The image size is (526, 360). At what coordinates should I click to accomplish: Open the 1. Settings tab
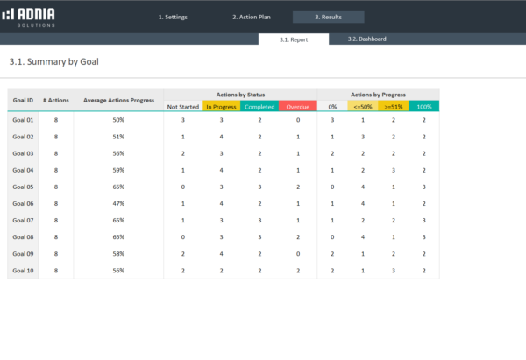point(173,17)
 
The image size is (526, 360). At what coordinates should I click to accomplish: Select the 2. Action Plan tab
point(251,17)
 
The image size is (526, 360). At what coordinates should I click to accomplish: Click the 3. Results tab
point(328,17)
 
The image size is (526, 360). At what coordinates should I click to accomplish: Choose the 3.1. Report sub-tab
point(294,39)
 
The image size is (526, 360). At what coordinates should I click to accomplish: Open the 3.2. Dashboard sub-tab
point(366,39)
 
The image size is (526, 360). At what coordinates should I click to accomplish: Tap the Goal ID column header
point(23,100)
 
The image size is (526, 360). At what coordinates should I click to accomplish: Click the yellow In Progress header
point(220,107)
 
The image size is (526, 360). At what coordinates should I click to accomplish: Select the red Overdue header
point(297,107)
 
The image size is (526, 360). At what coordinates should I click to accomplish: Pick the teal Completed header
point(259,107)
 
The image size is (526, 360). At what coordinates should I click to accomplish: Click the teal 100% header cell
point(423,107)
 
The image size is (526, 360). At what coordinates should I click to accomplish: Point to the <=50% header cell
point(363,107)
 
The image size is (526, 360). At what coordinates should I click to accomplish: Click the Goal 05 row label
point(23,187)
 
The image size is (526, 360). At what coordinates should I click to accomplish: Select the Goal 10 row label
point(23,271)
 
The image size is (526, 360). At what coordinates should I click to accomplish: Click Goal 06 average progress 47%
point(118,203)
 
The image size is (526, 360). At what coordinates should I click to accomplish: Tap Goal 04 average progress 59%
point(118,170)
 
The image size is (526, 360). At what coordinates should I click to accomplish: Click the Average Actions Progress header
point(118,100)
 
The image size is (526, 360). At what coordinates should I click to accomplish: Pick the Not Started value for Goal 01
point(182,120)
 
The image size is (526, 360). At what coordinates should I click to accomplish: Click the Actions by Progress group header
point(378,95)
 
